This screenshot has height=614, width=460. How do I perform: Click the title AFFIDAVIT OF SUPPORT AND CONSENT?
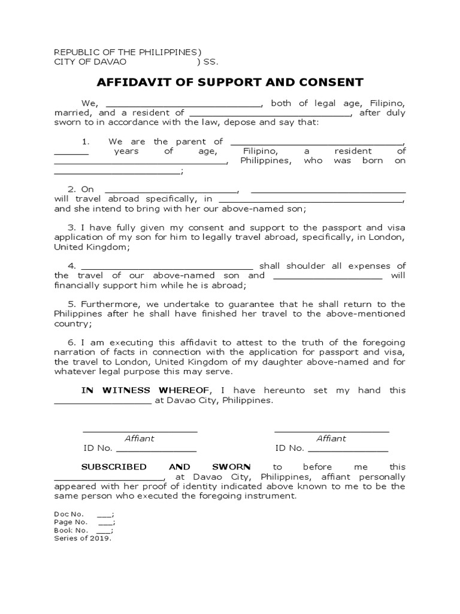click(230, 82)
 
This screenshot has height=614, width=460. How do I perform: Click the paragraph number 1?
click(86, 142)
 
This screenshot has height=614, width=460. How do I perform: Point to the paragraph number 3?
click(71, 228)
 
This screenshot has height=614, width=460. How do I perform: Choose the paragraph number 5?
click(71, 305)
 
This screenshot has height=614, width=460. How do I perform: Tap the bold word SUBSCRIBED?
click(114, 466)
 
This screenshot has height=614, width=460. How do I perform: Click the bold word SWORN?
click(231, 466)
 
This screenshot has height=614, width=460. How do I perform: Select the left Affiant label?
click(139, 438)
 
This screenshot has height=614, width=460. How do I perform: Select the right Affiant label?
click(331, 438)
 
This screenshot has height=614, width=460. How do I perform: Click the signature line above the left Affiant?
click(140, 431)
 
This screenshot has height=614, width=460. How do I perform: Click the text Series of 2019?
click(83, 538)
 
